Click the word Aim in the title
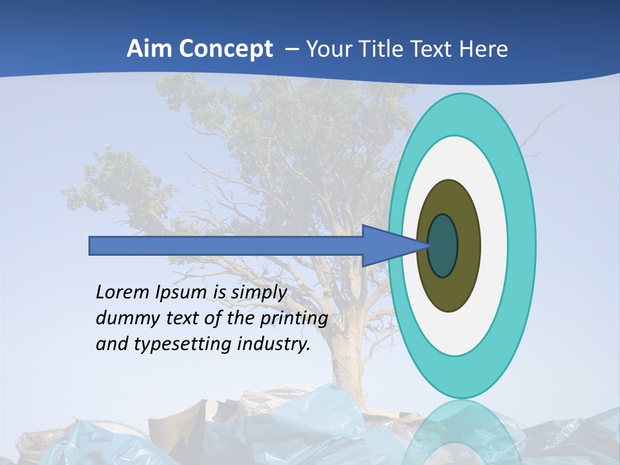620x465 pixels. (x=149, y=48)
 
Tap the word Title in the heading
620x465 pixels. (x=384, y=48)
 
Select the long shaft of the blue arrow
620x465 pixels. (x=226, y=245)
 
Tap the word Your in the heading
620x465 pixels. (x=328, y=48)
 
